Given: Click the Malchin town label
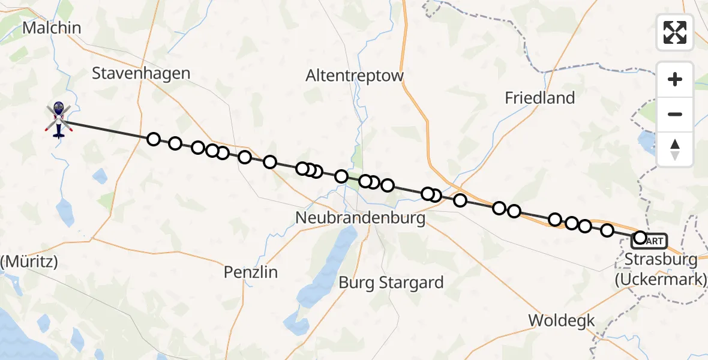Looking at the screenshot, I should [51, 28].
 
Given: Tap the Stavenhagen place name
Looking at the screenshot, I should [141, 73].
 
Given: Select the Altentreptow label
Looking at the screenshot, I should [355, 76].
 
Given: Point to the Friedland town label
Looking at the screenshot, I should [540, 98].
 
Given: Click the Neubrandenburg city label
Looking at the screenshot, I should [361, 217].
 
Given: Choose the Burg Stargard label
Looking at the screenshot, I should [391, 282].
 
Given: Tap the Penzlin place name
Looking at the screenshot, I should [251, 272].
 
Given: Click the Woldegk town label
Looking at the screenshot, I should [562, 320].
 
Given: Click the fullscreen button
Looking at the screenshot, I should [675, 32].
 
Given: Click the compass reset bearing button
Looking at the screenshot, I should [675, 149].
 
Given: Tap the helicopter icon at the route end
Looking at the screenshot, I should [58, 118].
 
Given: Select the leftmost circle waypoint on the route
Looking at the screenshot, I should [154, 139].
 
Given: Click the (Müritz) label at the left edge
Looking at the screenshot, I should [29, 262].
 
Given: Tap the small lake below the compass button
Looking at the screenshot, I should [648, 141].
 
